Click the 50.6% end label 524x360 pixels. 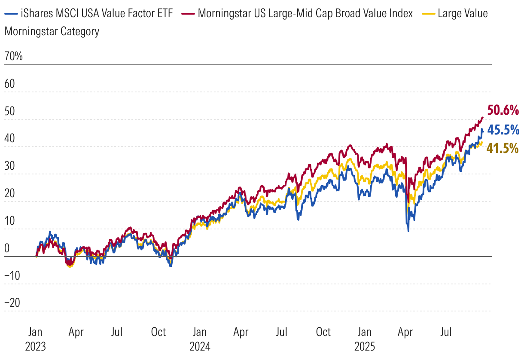(503, 110)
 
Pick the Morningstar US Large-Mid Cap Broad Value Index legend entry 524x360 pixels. (305, 13)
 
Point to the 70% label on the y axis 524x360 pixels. (13, 56)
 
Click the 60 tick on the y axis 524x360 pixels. (9, 84)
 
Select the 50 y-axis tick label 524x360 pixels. (9, 111)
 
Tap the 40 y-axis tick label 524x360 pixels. (9, 139)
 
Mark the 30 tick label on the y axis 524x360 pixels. (9, 166)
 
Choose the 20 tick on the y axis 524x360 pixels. (9, 193)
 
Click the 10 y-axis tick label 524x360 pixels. (9, 221)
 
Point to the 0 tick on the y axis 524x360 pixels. (6, 248)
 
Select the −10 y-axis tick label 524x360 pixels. (12, 276)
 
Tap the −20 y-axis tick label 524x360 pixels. (12, 303)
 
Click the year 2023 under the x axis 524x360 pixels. (36, 346)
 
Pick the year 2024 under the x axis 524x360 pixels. (200, 346)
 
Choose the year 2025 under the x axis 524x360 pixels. (365, 346)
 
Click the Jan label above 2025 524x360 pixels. (365, 332)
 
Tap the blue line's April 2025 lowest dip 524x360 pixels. (408, 231)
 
